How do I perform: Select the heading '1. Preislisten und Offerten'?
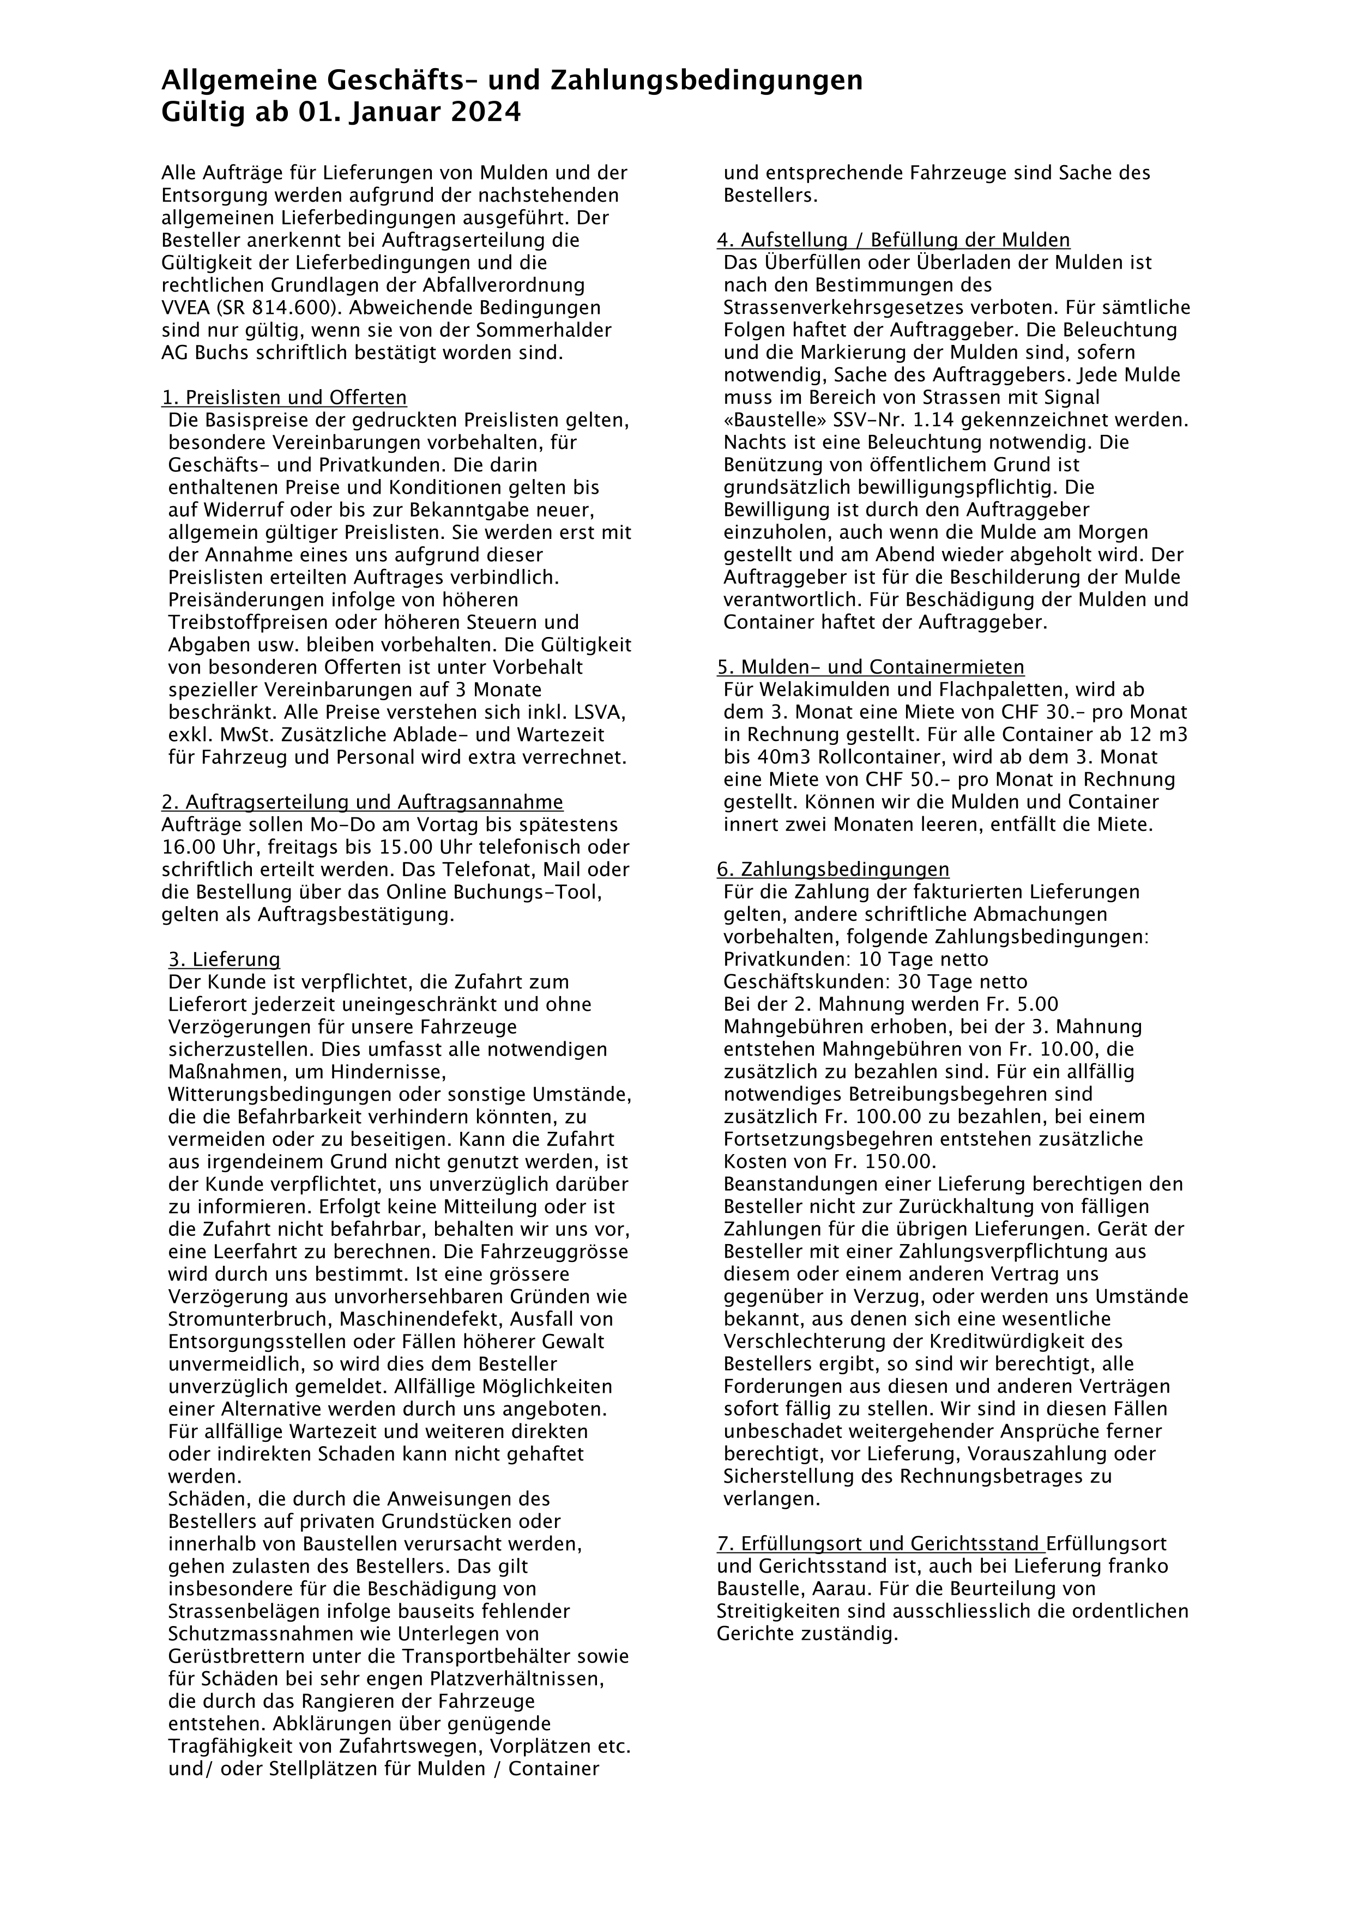pos(284,398)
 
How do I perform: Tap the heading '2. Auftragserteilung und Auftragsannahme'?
pos(362,802)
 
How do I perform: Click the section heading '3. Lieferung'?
pos(224,960)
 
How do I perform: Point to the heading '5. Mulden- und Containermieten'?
pos(870,668)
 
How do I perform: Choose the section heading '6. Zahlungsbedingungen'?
pos(832,870)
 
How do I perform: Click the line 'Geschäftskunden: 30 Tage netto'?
pos(876,982)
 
